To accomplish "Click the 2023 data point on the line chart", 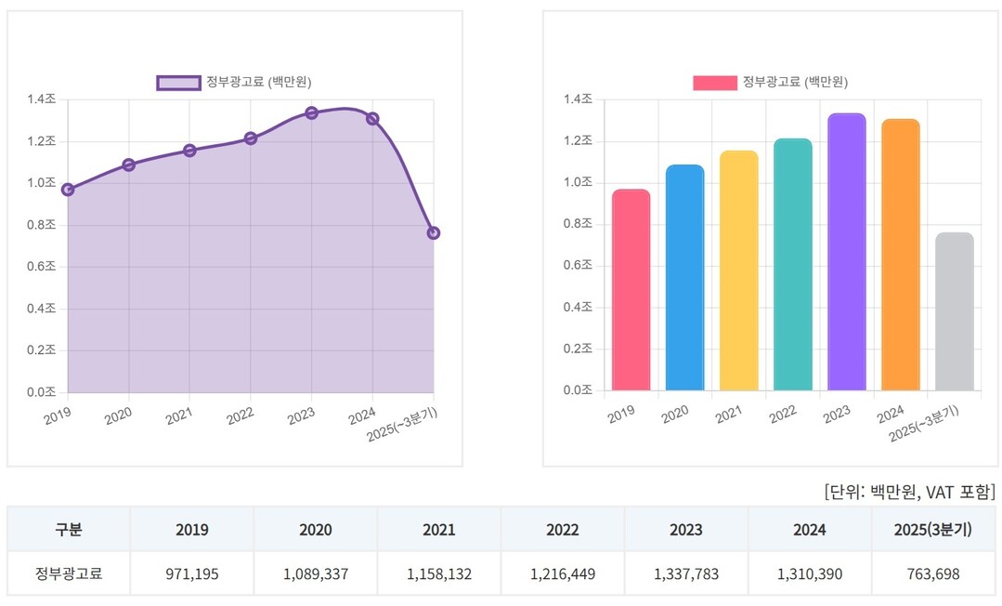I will [312, 113].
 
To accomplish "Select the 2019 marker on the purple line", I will [68, 190].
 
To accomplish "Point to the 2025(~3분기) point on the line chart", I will [434, 233].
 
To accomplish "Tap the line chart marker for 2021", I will [189, 151].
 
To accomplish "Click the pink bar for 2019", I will [631, 290].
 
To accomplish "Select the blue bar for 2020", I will [685, 278].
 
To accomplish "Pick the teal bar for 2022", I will [793, 265].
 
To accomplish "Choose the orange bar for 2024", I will [901, 255].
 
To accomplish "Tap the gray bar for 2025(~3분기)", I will [955, 311].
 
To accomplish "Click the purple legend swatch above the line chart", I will [178, 83].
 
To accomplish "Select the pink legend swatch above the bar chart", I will [715, 83].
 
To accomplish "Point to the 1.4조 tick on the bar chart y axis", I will [579, 99].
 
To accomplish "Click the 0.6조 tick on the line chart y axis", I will [43, 267].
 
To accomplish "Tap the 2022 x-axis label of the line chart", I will [240, 415].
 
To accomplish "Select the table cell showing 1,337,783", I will [686, 574].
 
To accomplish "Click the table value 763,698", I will [933, 574].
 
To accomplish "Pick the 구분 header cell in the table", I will [69, 530].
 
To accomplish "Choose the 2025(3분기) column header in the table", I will [933, 530].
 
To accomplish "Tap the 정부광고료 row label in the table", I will [69, 574].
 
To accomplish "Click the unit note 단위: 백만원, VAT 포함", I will [909, 491].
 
